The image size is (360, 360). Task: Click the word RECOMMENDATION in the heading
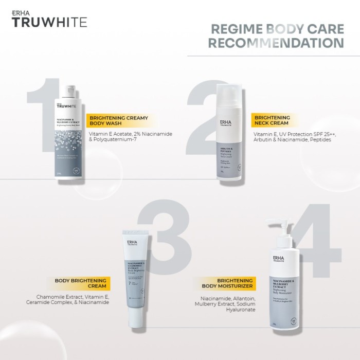point(276,42)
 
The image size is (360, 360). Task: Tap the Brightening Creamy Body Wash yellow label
point(118,121)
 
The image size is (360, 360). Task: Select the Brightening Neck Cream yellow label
point(272,121)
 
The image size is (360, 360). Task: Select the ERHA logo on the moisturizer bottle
point(278,259)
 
